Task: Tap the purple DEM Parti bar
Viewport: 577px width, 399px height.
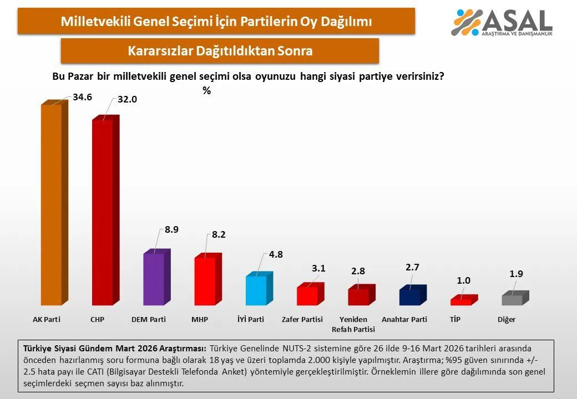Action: pyautogui.click(x=154, y=279)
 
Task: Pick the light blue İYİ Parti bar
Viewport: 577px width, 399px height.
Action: pyautogui.click(x=256, y=290)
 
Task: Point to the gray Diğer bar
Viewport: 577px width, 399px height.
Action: pyautogui.click(x=512, y=300)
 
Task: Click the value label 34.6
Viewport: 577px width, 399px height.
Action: pyautogui.click(x=82, y=97)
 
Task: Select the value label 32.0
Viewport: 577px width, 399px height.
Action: pyautogui.click(x=127, y=99)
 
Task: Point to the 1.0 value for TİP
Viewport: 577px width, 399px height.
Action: pyautogui.click(x=464, y=280)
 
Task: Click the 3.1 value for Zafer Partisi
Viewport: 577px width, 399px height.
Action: pyautogui.click(x=318, y=269)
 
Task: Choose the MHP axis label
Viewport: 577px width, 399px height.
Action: pyautogui.click(x=200, y=320)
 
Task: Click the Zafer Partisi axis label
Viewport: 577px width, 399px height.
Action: pyautogui.click(x=302, y=320)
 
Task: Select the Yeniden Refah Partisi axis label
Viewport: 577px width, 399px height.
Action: pyautogui.click(x=353, y=324)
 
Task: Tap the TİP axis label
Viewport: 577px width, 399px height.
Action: pyautogui.click(x=455, y=320)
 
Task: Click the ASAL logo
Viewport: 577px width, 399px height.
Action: pyautogui.click(x=502, y=22)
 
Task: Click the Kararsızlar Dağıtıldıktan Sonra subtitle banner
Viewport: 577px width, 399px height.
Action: pyautogui.click(x=220, y=51)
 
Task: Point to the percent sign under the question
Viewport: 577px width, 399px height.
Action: pyautogui.click(x=206, y=91)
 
